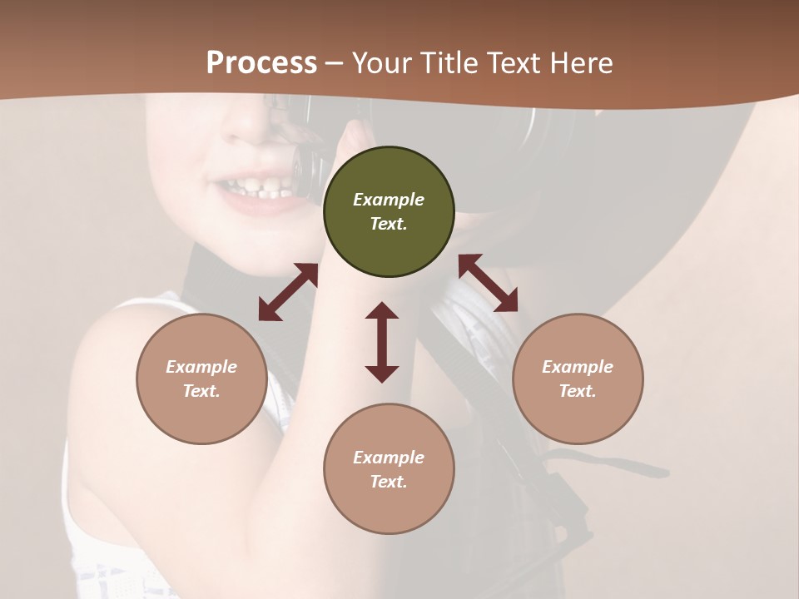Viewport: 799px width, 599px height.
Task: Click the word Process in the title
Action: (x=261, y=63)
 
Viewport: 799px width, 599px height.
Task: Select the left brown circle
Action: (x=201, y=379)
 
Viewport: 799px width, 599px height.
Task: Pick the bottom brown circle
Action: (x=389, y=469)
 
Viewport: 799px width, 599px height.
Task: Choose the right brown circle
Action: (x=578, y=379)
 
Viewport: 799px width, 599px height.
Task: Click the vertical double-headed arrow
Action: (x=382, y=342)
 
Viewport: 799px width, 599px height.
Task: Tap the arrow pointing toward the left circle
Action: (x=288, y=292)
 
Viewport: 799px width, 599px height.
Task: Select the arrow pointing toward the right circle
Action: (x=489, y=283)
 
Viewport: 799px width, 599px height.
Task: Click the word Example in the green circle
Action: (x=389, y=200)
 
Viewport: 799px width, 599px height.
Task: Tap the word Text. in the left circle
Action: (x=201, y=391)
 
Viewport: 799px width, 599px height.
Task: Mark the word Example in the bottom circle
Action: (x=389, y=458)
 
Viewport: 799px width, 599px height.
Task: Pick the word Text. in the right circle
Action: (x=578, y=391)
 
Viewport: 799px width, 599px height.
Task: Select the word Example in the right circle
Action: (x=578, y=367)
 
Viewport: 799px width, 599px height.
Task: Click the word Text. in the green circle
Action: (x=389, y=224)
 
